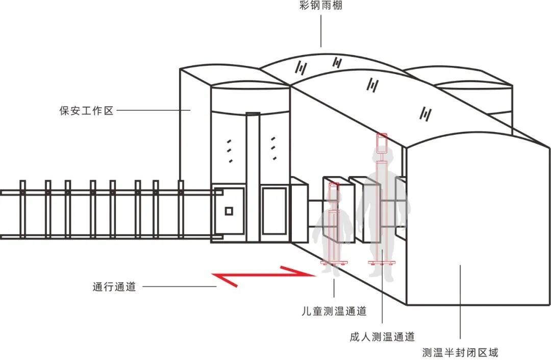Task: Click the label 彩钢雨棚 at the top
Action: click(321, 7)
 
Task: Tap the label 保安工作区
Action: click(86, 110)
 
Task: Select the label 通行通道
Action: click(114, 287)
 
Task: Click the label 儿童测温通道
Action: click(334, 311)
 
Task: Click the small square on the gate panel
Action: click(229, 211)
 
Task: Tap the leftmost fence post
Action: click(22, 209)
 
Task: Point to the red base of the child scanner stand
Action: click(334, 263)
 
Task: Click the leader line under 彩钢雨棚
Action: click(321, 31)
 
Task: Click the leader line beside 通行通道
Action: click(179, 287)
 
